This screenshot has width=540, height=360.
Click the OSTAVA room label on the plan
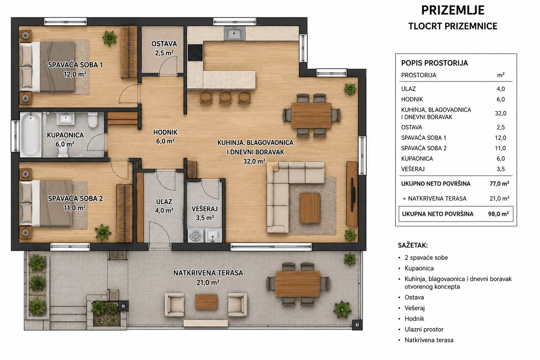164,44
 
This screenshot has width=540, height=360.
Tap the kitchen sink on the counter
234,33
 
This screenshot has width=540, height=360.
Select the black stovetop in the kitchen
195,52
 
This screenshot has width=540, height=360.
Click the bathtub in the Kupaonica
31,134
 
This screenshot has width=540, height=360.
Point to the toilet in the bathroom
93,120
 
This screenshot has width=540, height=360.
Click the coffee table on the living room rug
310,208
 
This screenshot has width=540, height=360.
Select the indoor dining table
311,116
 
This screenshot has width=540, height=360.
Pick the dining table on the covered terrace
298,284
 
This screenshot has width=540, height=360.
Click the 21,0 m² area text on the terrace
208,282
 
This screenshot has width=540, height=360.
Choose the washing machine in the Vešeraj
195,235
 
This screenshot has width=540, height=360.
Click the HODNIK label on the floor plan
166,132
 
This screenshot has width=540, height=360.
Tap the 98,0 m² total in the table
499,214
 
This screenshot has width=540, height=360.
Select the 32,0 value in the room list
500,113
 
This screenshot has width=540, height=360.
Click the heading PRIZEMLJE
453,10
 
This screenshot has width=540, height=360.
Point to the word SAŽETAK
413,245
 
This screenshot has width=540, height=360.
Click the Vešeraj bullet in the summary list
414,308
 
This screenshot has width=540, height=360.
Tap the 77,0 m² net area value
499,184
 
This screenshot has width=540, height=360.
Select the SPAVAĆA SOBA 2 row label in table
424,148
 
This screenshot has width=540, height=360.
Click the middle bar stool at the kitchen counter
225,97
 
